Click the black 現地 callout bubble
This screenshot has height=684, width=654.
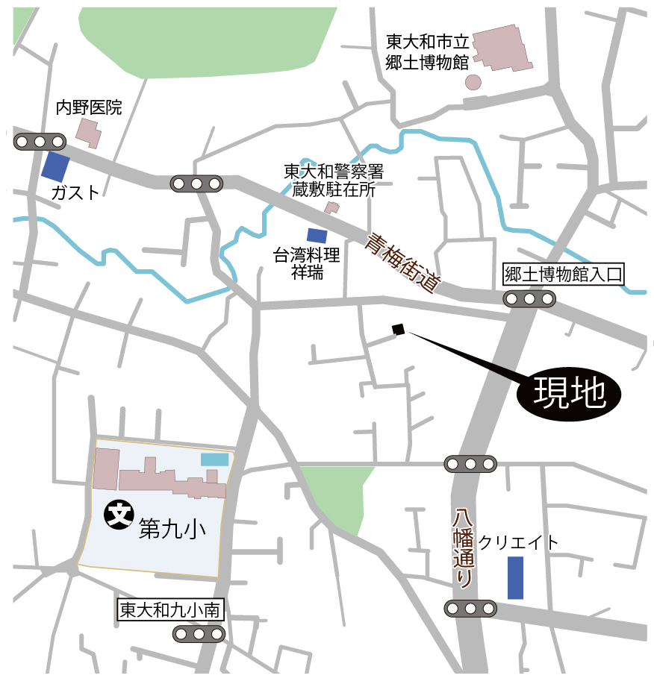569,393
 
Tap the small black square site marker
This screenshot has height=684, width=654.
398,329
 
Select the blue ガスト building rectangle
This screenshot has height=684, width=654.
55,166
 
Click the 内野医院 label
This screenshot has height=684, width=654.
89,107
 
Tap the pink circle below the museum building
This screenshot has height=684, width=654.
473,81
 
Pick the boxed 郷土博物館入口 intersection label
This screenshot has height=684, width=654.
563,275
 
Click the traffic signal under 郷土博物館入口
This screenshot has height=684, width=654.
529,299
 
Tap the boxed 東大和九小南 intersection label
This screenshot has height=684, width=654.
171,609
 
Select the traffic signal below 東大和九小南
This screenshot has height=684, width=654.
199,634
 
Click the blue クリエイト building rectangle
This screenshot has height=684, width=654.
515,577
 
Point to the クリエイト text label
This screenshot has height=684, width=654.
518,543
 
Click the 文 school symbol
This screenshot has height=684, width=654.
117,514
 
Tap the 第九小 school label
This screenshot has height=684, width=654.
172,528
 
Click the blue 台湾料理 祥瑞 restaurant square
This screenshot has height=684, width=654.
317,235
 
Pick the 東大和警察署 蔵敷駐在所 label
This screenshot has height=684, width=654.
333,181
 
